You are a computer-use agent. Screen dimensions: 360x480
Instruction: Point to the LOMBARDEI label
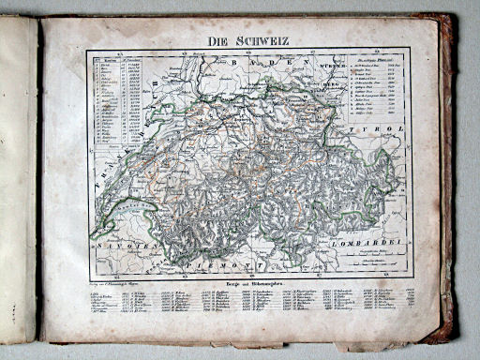pos(375,243)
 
